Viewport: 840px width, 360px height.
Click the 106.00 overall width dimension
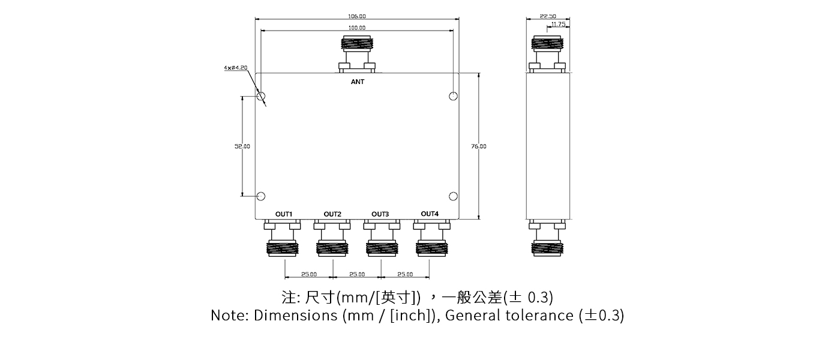(x=357, y=16)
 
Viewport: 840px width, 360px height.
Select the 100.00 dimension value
(x=357, y=28)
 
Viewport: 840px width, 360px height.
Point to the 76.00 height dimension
(x=479, y=146)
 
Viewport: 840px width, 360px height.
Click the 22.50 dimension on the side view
(x=548, y=16)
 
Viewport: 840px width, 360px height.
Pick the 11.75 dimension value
(x=558, y=25)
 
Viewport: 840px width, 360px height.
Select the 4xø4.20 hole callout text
(x=235, y=68)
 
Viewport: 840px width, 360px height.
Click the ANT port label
(x=358, y=82)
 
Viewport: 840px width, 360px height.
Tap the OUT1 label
(x=284, y=214)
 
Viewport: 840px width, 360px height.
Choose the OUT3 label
(x=380, y=214)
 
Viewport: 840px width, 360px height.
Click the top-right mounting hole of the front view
(x=453, y=97)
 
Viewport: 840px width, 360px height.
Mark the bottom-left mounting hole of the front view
(x=261, y=196)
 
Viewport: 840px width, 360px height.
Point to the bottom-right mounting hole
(x=453, y=196)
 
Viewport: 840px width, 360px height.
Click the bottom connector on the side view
(x=547, y=240)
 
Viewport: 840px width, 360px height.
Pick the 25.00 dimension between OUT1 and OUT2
(x=309, y=274)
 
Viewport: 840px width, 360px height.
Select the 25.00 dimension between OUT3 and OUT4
(x=405, y=274)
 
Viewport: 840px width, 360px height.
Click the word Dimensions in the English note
(x=296, y=316)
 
